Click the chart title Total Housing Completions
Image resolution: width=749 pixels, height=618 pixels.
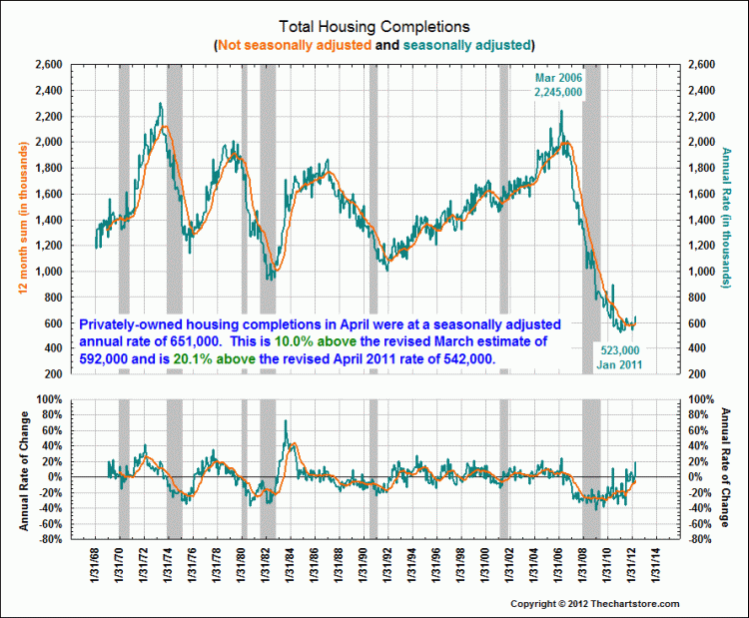374,28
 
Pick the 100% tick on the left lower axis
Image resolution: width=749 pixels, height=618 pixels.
50,399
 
